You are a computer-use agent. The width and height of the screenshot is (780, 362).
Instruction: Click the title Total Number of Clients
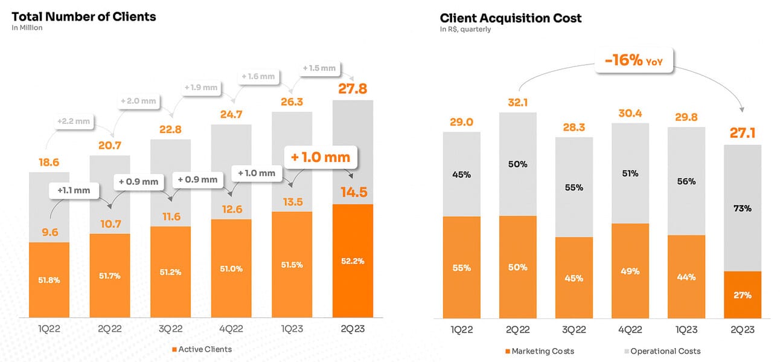(84, 16)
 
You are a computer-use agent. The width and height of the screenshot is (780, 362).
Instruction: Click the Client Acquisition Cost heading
(511, 18)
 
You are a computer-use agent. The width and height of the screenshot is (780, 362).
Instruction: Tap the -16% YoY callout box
(634, 62)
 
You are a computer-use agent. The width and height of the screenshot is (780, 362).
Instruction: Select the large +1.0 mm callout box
(321, 158)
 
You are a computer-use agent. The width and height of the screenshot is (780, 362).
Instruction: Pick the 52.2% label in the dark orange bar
(353, 261)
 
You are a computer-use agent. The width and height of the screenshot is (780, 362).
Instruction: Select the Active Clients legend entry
(202, 349)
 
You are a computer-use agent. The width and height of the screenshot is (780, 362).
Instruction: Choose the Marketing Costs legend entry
(539, 351)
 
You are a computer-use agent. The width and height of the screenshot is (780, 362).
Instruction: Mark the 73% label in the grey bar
(743, 208)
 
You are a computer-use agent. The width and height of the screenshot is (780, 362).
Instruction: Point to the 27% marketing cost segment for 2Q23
(743, 295)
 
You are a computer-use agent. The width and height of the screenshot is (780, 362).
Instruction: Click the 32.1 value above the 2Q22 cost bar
(518, 103)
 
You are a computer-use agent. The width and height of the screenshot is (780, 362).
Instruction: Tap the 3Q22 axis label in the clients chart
(170, 330)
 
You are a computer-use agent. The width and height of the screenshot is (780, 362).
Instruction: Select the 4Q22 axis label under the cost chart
(630, 331)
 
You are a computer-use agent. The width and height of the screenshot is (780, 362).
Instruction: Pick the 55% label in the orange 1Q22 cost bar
(462, 267)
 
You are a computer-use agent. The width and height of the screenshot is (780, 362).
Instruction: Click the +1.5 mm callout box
(319, 68)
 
